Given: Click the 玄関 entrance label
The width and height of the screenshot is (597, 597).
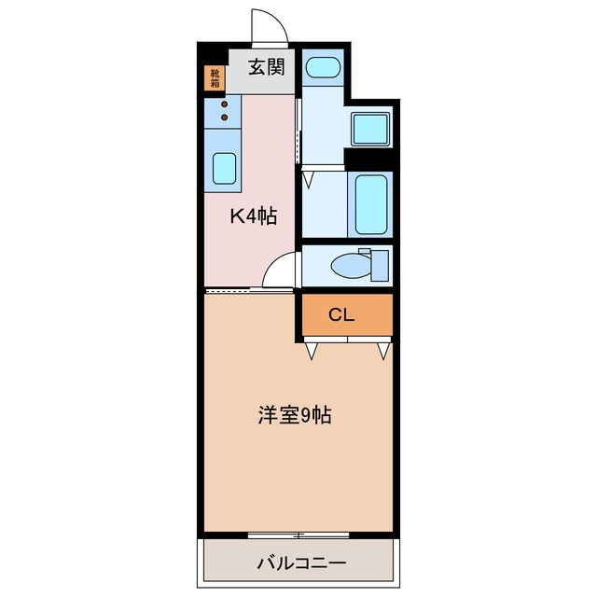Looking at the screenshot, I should [x=265, y=67].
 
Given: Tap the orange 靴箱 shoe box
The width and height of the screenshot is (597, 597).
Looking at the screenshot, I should [x=215, y=78].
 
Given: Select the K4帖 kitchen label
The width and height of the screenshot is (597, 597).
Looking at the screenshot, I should [x=254, y=216].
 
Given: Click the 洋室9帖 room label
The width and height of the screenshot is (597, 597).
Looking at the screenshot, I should [x=295, y=415].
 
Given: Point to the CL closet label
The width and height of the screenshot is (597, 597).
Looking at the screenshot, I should [x=341, y=315].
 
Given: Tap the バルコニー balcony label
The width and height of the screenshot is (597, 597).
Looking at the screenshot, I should [x=300, y=563].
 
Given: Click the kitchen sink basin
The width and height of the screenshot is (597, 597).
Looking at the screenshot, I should [x=224, y=168].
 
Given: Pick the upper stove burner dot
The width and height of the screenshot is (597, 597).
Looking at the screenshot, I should [x=224, y=104].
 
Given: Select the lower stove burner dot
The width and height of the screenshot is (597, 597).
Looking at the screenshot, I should [x=224, y=118].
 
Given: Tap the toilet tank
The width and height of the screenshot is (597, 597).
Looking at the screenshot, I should [x=378, y=264].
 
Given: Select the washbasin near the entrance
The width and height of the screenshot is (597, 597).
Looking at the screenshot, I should [x=323, y=67].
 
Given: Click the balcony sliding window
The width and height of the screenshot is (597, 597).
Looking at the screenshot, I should [x=298, y=535].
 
